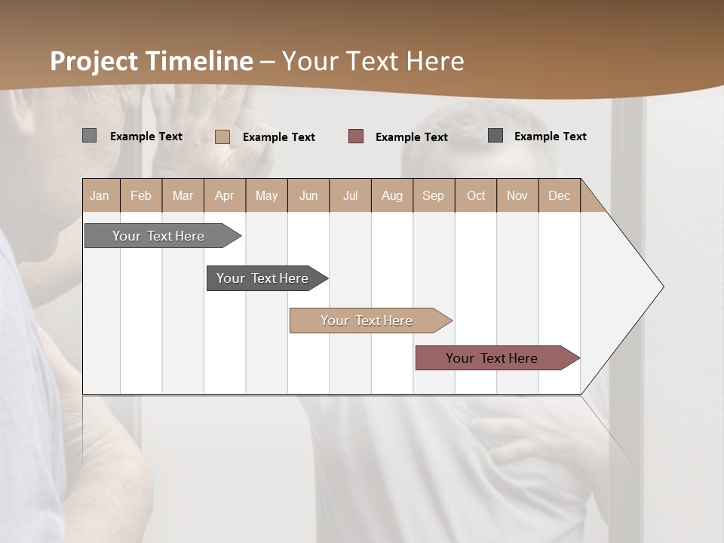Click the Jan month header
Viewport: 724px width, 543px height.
click(100, 195)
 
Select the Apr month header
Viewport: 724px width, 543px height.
click(224, 195)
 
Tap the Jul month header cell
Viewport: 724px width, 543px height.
click(350, 195)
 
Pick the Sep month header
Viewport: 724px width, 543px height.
click(433, 195)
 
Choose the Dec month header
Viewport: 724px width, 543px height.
click(559, 195)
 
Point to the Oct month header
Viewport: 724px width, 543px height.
click(475, 195)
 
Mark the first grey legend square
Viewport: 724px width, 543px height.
click(89, 136)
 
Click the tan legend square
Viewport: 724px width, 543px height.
click(222, 137)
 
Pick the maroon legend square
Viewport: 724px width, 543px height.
click(356, 137)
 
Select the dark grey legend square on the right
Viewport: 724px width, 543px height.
click(495, 136)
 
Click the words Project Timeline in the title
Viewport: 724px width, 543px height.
click(152, 61)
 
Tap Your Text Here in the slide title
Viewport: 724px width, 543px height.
click(373, 61)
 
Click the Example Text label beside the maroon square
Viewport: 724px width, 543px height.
click(411, 137)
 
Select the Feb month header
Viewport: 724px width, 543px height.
click(141, 195)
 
